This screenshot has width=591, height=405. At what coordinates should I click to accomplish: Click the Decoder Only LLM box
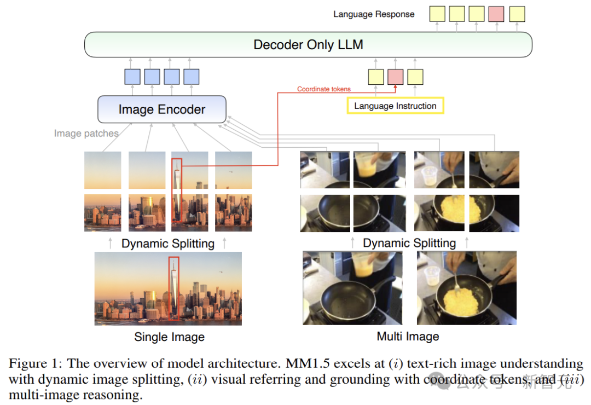(x=308, y=44)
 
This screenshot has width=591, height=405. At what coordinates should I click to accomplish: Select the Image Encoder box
(x=161, y=109)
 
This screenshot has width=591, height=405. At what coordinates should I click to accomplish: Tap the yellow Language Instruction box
(x=395, y=106)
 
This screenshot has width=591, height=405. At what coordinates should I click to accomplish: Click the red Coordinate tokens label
(x=324, y=89)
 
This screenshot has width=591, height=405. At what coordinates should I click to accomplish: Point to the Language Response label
(x=374, y=14)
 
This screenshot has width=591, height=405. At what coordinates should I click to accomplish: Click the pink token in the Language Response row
(x=496, y=14)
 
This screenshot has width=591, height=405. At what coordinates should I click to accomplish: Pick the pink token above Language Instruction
(x=395, y=77)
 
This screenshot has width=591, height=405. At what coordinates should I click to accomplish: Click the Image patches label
(x=86, y=133)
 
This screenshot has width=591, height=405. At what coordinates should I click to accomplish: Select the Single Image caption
(x=169, y=337)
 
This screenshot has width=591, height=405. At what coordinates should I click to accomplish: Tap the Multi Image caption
(x=408, y=337)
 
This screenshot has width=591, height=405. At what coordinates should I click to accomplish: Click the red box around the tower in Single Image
(x=173, y=288)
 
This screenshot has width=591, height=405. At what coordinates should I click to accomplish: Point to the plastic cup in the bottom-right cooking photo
(x=431, y=275)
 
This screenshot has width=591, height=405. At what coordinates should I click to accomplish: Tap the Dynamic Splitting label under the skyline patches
(x=168, y=244)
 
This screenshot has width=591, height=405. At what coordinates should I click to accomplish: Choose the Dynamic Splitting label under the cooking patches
(x=409, y=243)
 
